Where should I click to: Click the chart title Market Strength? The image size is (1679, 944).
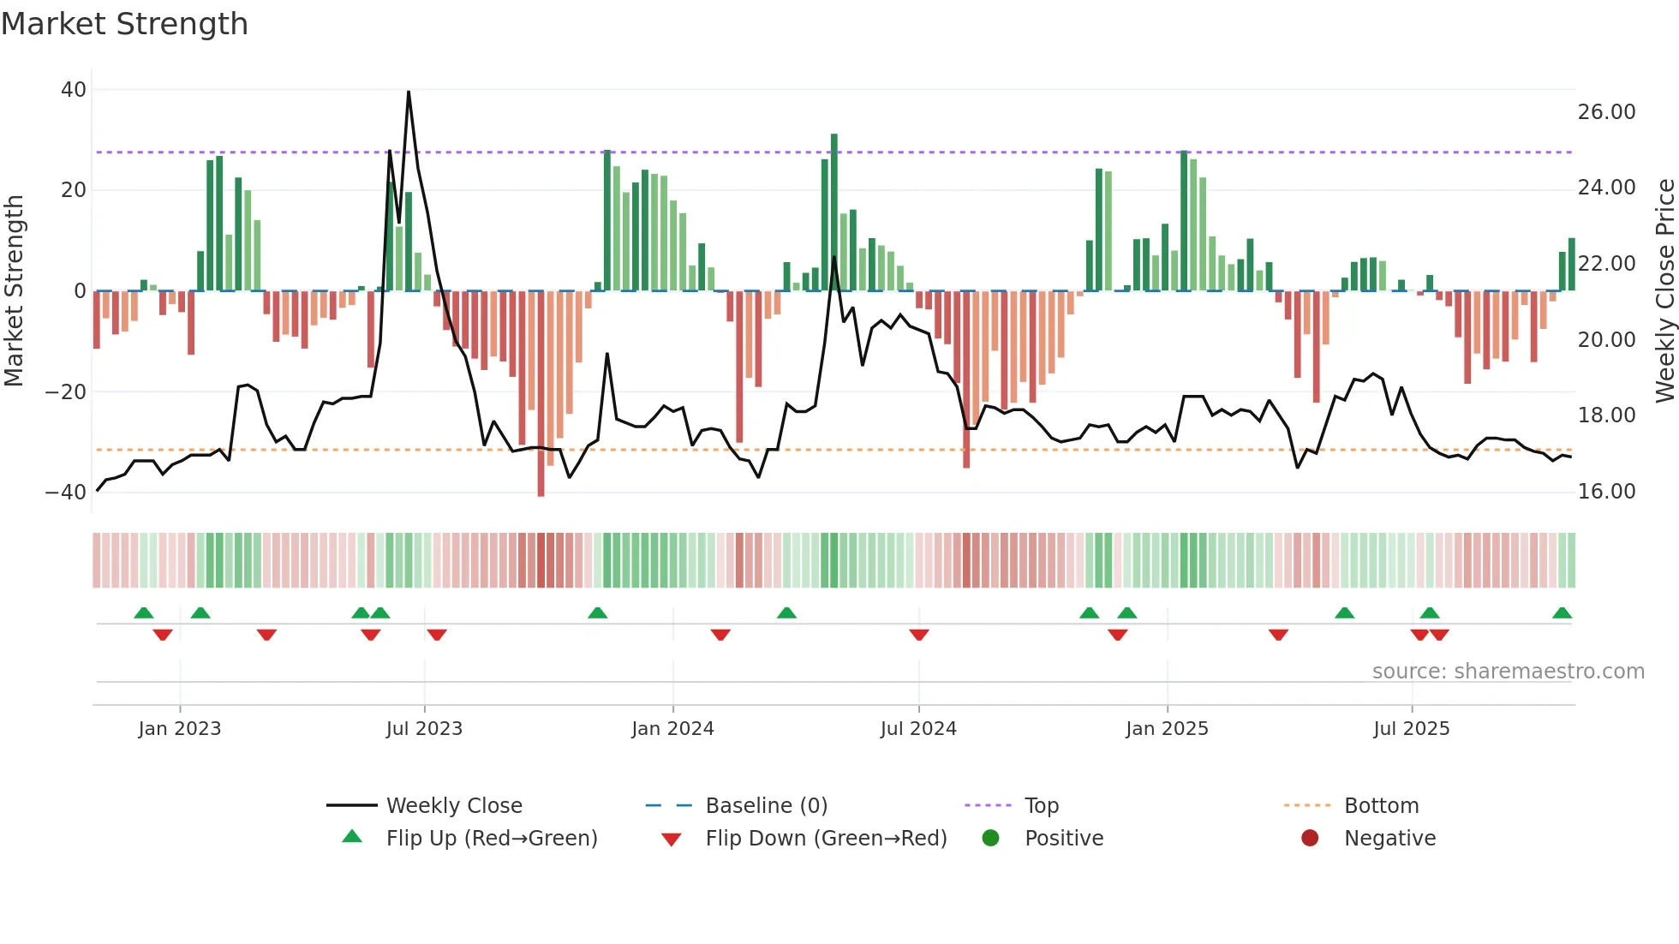tap(124, 24)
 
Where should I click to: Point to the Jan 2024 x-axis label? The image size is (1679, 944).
tap(672, 729)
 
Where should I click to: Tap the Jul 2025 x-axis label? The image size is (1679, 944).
tap(1411, 729)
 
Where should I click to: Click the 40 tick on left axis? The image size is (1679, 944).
tap(74, 90)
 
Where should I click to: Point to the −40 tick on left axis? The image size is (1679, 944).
tap(66, 493)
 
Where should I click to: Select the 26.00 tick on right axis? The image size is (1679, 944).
tap(1606, 112)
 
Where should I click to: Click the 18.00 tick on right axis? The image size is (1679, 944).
tap(1606, 415)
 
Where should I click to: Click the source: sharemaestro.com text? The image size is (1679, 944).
tap(1508, 672)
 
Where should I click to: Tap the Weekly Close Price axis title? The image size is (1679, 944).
tap(1664, 291)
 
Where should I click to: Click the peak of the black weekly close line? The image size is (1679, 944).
tap(409, 92)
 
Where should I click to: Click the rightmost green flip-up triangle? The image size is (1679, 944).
tap(1562, 613)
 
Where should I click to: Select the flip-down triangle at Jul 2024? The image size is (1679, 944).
tap(919, 635)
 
